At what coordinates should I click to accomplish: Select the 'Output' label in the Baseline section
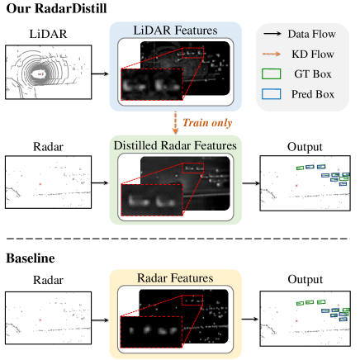point(300,277)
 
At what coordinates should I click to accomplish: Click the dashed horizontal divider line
point(180,240)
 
